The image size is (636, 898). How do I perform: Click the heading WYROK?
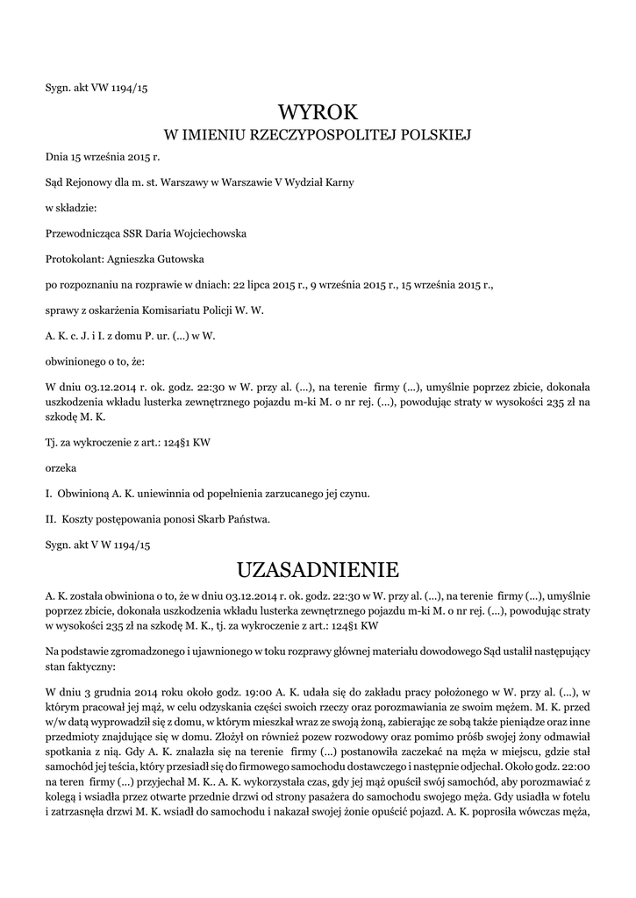click(x=318, y=112)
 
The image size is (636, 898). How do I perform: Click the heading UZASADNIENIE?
click(x=318, y=570)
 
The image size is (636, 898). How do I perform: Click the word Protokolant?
click(x=73, y=259)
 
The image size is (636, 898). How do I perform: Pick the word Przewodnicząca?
click(x=82, y=234)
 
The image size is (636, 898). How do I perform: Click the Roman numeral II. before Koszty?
click(x=50, y=519)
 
